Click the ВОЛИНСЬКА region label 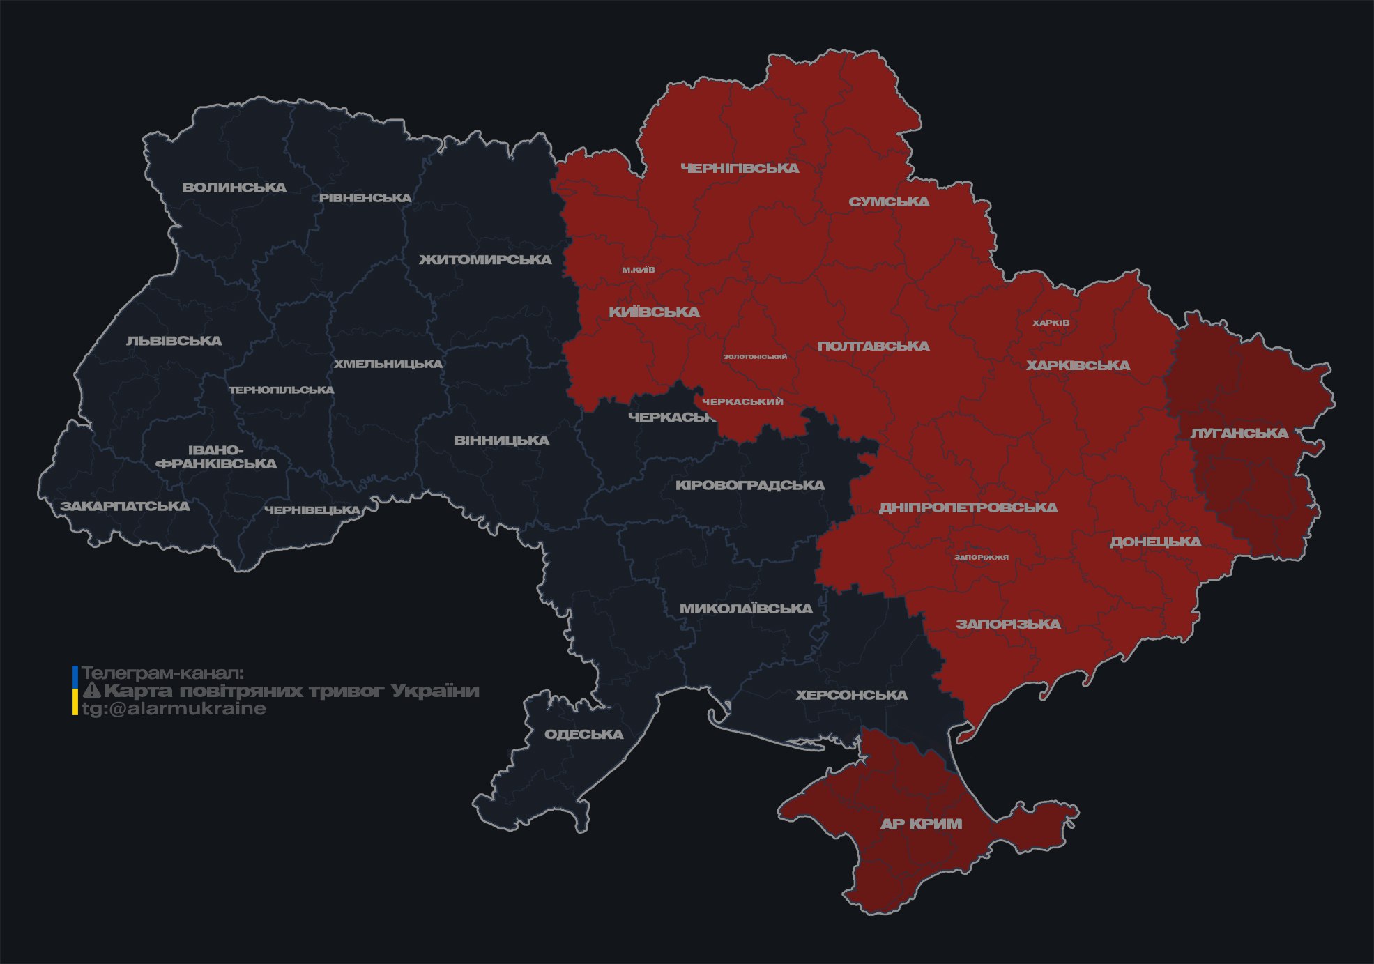click(234, 188)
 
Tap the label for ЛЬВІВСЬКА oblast click(174, 341)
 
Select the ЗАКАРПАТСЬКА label click(125, 506)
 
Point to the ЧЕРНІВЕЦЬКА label click(312, 510)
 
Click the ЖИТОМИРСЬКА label click(485, 260)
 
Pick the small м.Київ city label click(639, 270)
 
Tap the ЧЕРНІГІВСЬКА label click(740, 168)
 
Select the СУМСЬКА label click(889, 202)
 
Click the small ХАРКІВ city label click(1051, 323)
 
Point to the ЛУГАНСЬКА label click(1239, 434)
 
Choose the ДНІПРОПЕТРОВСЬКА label click(968, 507)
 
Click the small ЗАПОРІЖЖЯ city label click(982, 557)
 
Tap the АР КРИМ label click(921, 824)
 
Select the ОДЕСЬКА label click(583, 735)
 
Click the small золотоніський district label click(755, 357)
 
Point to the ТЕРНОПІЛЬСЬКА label click(282, 390)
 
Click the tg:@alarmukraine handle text click(174, 709)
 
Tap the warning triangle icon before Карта click(92, 691)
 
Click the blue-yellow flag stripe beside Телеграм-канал click(75, 690)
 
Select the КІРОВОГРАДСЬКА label click(749, 485)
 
